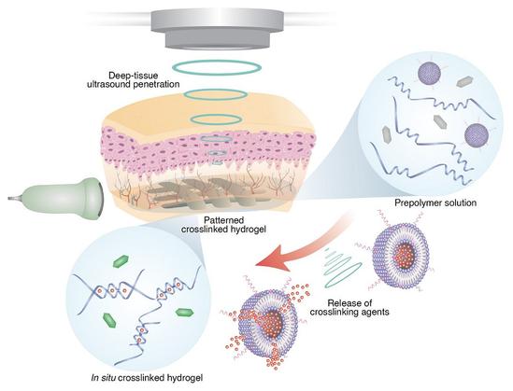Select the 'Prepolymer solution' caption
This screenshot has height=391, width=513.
[435, 202]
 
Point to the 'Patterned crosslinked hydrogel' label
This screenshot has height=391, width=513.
[223, 224]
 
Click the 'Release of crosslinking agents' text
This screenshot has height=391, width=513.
[349, 307]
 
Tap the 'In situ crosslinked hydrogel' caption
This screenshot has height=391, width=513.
[147, 378]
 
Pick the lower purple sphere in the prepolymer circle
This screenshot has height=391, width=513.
[477, 135]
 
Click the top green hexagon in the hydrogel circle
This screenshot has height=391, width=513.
[121, 261]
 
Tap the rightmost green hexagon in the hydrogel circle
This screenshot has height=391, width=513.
[185, 313]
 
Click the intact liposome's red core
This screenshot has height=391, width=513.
[404, 254]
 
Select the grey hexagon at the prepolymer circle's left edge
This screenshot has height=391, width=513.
[387, 134]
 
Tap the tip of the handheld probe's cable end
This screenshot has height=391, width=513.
[8, 198]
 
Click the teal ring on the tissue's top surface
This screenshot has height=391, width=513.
[216, 94]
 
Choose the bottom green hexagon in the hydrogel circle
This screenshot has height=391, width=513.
[109, 320]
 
